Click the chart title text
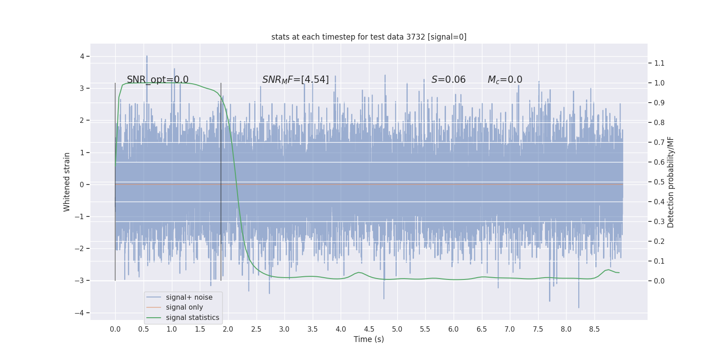click(369, 37)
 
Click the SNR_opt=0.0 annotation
click(157, 80)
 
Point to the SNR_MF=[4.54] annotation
click(295, 80)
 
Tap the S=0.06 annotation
click(448, 80)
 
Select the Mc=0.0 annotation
click(505, 80)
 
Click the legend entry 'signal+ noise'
click(189, 297)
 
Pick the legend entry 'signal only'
click(184, 307)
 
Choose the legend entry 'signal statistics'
click(192, 318)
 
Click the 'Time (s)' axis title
click(369, 339)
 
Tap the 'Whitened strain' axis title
click(67, 182)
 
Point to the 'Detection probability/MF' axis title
click(670, 182)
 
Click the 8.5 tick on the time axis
click(594, 329)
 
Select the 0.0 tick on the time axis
click(115, 329)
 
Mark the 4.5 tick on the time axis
click(369, 329)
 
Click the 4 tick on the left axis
click(82, 56)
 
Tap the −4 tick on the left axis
click(81, 313)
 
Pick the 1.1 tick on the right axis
click(659, 63)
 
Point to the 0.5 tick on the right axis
click(659, 182)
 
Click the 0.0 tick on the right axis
click(659, 281)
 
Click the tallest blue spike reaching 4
click(147, 57)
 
